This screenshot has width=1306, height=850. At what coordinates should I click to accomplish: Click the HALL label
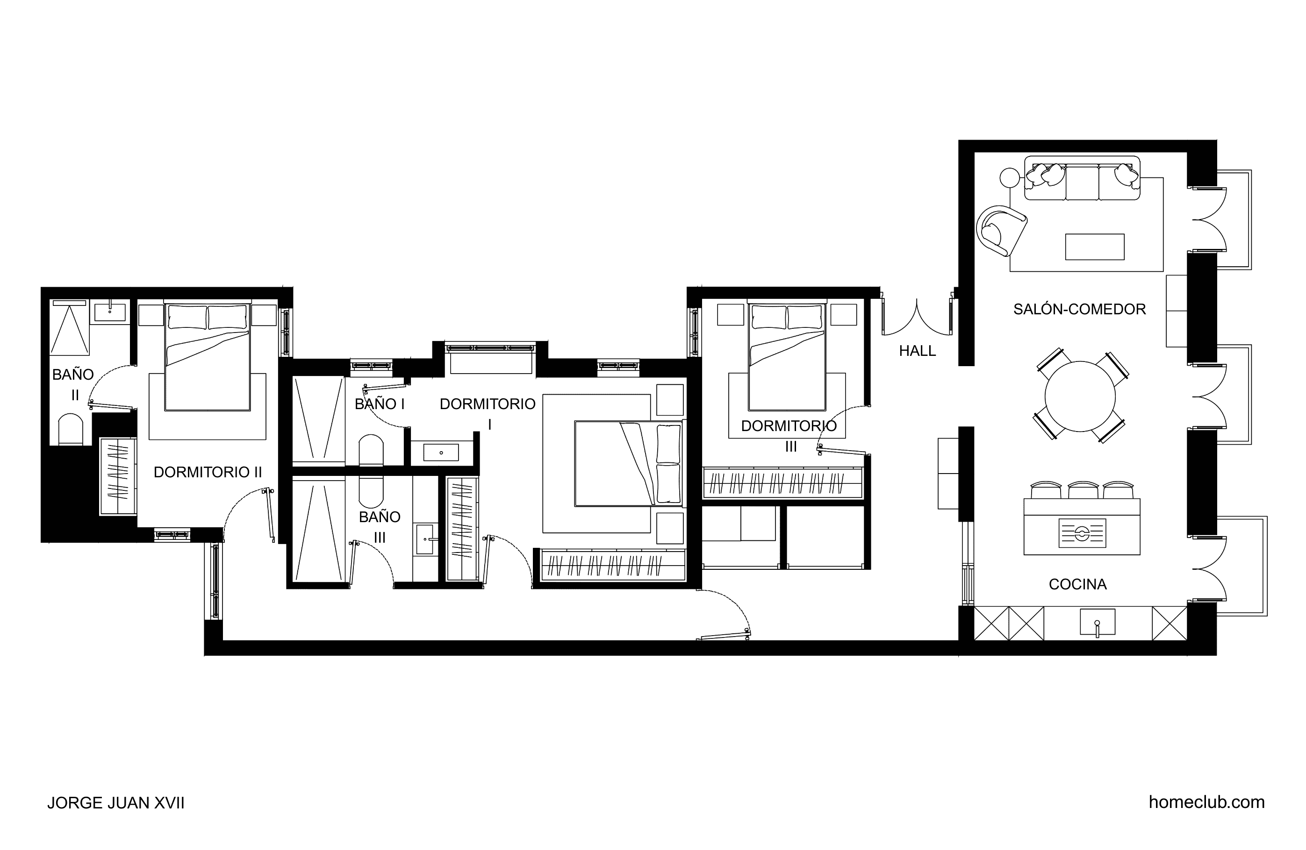pyautogui.click(x=917, y=350)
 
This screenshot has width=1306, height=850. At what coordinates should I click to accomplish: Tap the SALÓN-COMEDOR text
pyautogui.click(x=1079, y=309)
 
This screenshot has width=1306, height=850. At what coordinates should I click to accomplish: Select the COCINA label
pyautogui.click(x=1078, y=584)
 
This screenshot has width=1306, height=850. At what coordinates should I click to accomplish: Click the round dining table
pyautogui.click(x=1080, y=397)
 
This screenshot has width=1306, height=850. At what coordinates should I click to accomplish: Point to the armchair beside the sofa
pyautogui.click(x=1001, y=230)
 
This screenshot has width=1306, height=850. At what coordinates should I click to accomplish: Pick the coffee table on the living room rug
pyautogui.click(x=1095, y=247)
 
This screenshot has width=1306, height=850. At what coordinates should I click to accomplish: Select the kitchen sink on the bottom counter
pyautogui.click(x=1098, y=622)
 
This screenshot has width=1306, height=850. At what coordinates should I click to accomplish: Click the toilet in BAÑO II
pyautogui.click(x=70, y=429)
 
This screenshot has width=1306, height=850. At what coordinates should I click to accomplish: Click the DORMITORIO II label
pyautogui.click(x=208, y=472)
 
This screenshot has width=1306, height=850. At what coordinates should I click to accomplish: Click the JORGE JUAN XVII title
pyautogui.click(x=116, y=803)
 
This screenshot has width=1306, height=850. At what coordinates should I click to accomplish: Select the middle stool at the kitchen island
pyautogui.click(x=1083, y=490)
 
